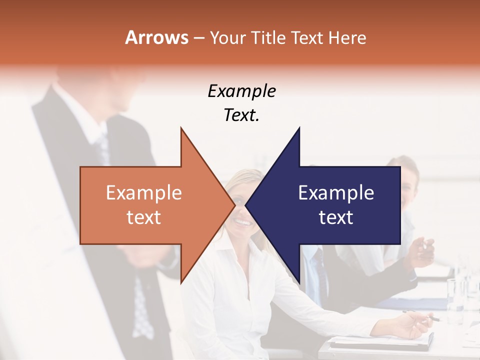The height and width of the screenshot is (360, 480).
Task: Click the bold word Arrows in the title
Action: click(156, 37)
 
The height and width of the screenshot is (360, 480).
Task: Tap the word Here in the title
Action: click(347, 37)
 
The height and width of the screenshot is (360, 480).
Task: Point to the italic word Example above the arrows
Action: click(241, 91)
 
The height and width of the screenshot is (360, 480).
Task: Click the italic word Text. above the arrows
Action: click(241, 115)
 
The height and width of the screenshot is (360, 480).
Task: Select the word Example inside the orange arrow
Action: click(144, 193)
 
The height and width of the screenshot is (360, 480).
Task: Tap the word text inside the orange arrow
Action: click(144, 217)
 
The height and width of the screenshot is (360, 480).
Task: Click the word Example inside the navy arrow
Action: click(336, 193)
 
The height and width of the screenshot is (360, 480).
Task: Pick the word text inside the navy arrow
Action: click(336, 217)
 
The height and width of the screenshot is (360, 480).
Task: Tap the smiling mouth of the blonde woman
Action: click(243, 221)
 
